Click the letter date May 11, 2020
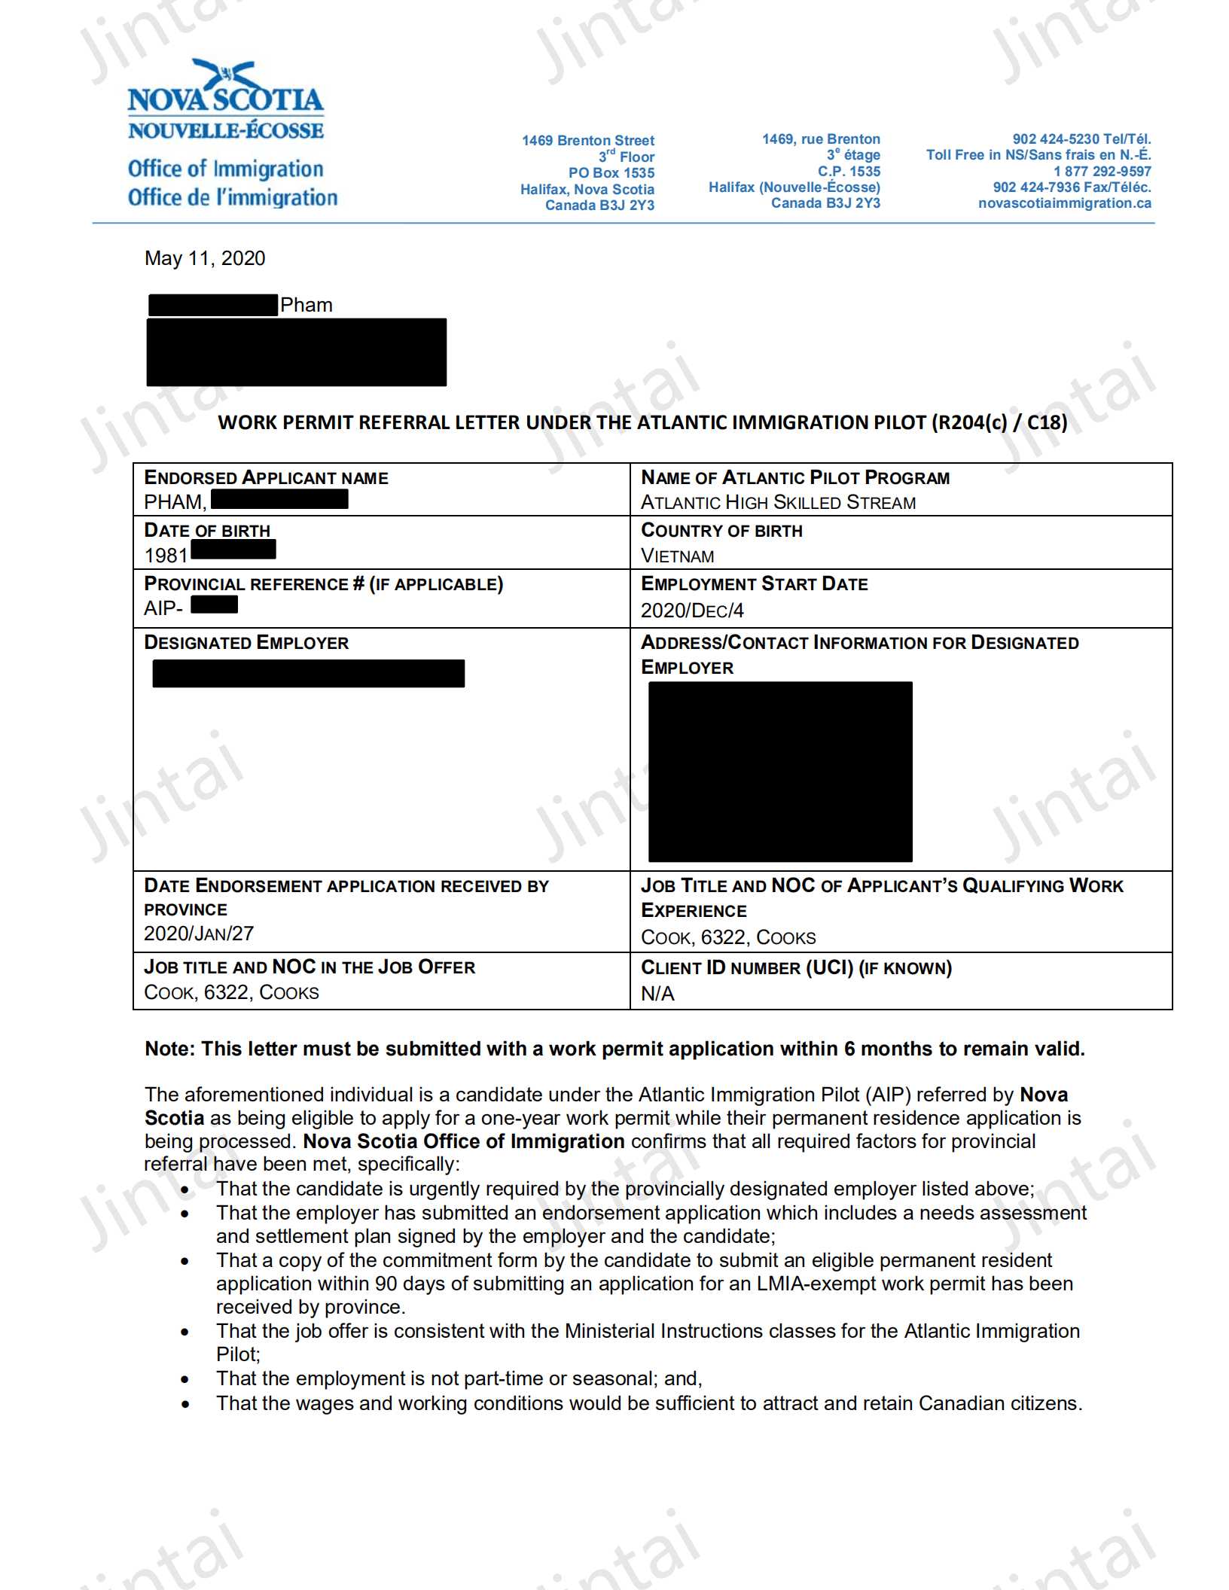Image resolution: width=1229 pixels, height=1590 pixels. click(205, 258)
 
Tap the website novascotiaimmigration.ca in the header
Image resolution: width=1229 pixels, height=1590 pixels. click(1064, 203)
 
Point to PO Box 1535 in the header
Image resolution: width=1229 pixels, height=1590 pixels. click(611, 173)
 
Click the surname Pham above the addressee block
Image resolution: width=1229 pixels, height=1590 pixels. click(306, 305)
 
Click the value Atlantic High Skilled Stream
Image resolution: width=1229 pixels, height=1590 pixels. click(778, 502)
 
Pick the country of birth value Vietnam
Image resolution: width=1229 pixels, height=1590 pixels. click(677, 556)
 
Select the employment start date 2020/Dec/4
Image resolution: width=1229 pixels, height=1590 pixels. click(692, 611)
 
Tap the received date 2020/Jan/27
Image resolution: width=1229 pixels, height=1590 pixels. click(199, 934)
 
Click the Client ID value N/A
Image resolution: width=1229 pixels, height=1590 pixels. click(657, 994)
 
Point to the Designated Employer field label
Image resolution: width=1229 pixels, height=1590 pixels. click(246, 643)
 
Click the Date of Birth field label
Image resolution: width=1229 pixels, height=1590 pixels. click(207, 531)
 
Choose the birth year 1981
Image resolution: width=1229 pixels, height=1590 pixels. click(166, 556)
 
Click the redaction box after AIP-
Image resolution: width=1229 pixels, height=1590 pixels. click(214, 605)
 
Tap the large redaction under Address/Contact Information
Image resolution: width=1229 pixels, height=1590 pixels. click(780, 772)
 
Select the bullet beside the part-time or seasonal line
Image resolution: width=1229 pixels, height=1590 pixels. click(185, 1379)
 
